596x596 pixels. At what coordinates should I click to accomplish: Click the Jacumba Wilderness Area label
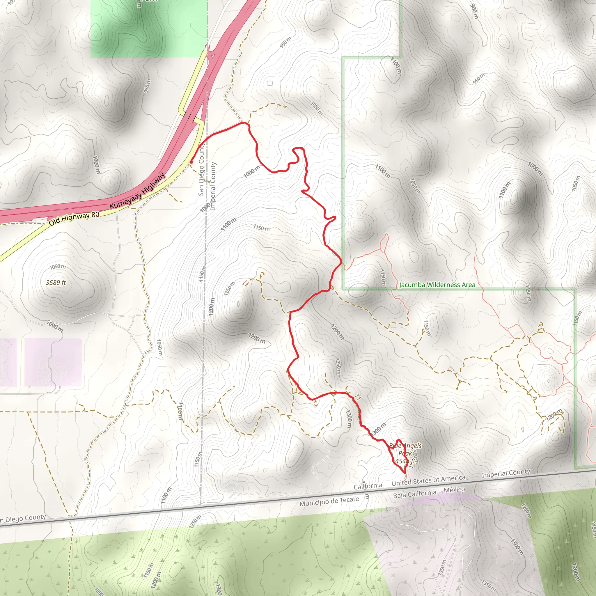[x=437, y=285]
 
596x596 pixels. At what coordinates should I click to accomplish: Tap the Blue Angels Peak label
[x=405, y=449]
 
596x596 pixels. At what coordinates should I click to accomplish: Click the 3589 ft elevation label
[x=56, y=283]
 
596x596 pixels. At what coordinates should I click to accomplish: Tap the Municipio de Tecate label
[x=329, y=501]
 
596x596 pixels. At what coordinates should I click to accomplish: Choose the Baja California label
[x=415, y=494]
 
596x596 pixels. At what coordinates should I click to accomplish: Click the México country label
[x=454, y=490]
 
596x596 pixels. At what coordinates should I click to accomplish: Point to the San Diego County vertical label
[x=201, y=170]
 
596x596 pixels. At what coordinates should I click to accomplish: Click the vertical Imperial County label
[x=212, y=186]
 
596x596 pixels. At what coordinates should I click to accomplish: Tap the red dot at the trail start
[x=191, y=162]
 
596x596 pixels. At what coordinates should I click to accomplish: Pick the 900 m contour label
[x=474, y=11]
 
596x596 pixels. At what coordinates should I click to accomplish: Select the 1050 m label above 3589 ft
[x=57, y=267]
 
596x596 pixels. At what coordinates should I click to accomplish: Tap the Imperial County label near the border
[x=506, y=473]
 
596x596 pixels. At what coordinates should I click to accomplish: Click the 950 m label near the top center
[x=285, y=42]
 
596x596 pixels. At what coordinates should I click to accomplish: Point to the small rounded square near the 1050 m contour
[x=270, y=83]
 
